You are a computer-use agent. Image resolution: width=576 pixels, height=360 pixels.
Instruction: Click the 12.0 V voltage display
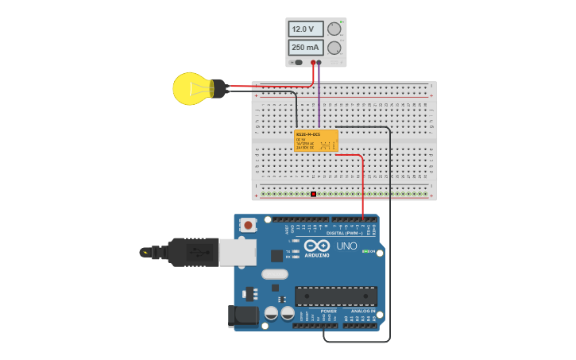(305, 29)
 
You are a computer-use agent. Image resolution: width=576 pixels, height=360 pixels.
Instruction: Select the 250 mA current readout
(305, 48)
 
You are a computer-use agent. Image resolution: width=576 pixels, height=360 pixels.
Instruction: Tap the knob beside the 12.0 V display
(334, 29)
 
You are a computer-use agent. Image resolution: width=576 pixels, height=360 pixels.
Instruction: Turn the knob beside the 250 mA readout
(334, 48)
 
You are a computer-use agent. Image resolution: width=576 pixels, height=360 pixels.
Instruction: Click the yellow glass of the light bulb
(190, 88)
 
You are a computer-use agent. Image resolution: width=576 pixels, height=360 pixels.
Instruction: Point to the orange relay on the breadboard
(315, 141)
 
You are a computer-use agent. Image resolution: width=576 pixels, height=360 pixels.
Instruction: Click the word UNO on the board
(347, 246)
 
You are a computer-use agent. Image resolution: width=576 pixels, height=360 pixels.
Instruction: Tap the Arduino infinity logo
(315, 246)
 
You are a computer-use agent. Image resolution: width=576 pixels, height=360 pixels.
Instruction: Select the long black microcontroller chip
(335, 296)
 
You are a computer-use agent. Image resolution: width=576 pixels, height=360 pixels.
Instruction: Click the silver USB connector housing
(238, 252)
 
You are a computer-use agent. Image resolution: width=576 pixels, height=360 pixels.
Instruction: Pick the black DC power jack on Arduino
(242, 315)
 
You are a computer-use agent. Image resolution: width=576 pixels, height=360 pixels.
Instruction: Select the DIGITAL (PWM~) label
(344, 233)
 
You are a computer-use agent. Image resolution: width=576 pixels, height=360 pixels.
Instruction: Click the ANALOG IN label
(363, 311)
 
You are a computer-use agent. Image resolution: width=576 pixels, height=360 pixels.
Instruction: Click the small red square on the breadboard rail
(313, 194)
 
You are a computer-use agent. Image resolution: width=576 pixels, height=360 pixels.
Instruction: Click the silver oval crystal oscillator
(274, 274)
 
